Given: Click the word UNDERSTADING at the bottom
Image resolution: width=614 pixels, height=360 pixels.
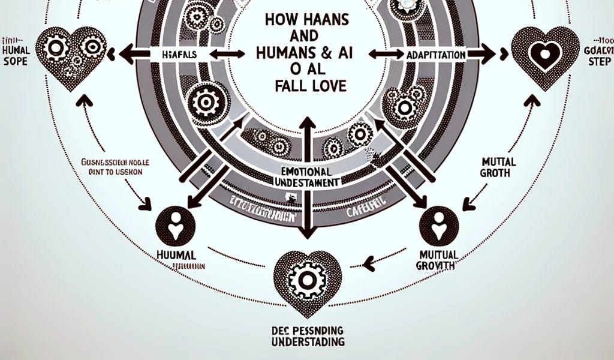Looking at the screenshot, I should pyautogui.click(x=306, y=342).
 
